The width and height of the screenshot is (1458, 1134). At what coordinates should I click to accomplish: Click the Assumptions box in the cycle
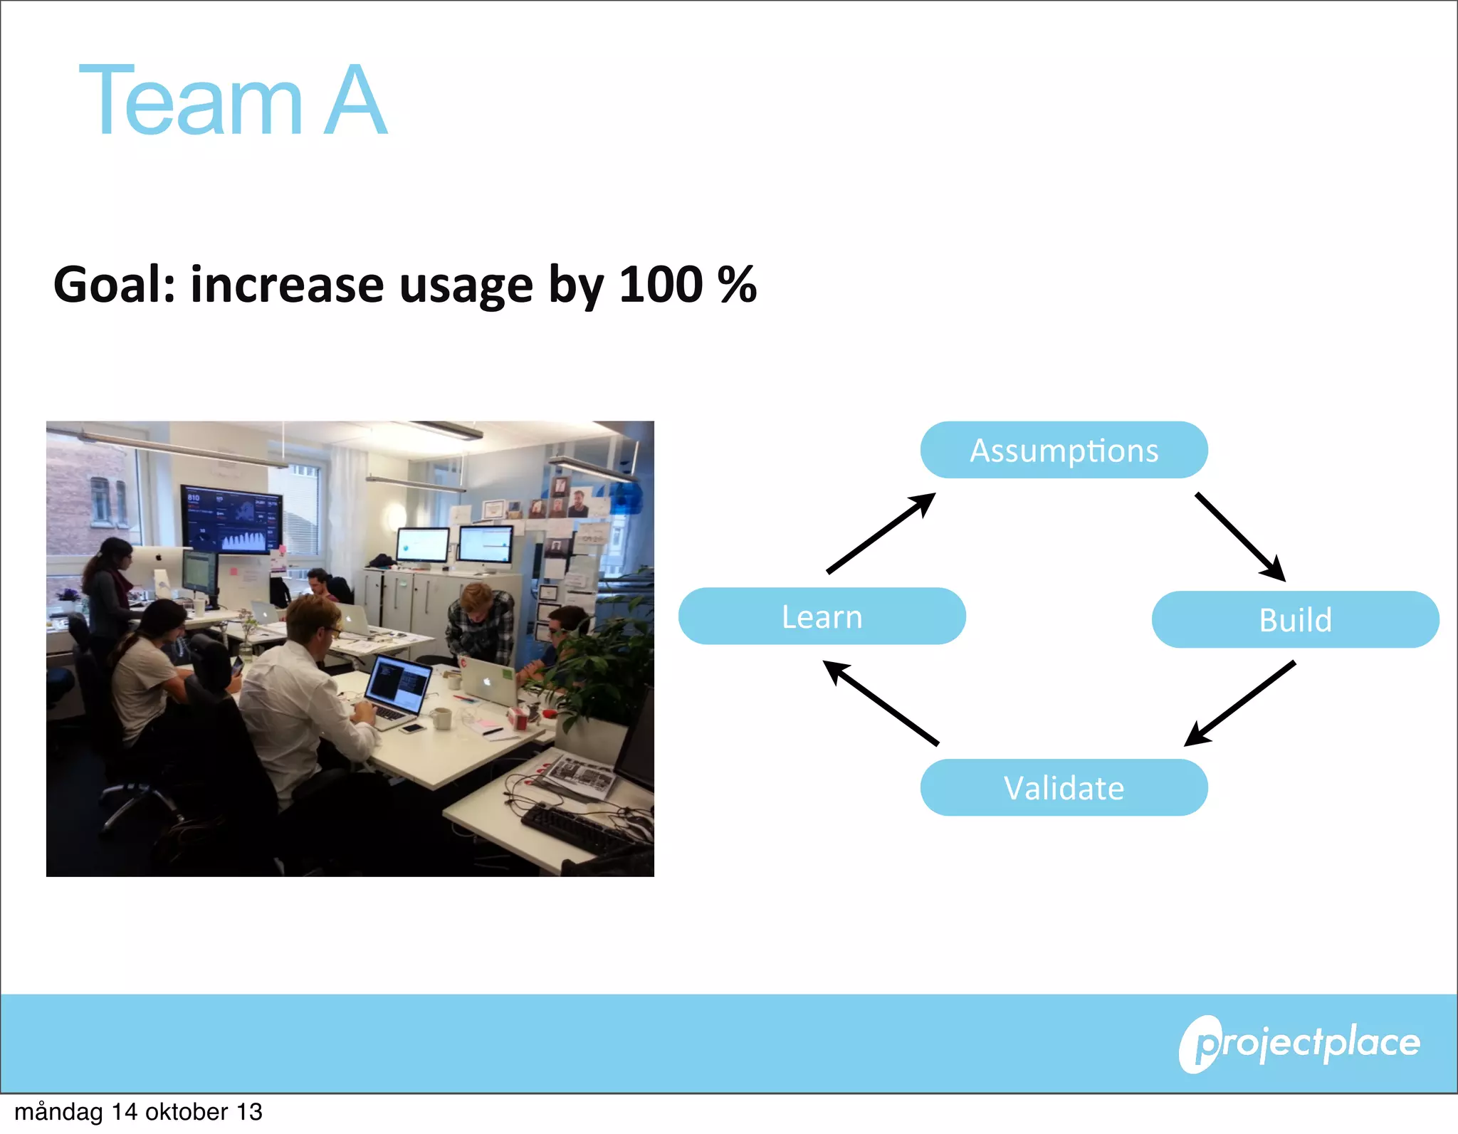(x=1064, y=450)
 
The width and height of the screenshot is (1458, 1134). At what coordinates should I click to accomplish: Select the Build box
(x=1295, y=619)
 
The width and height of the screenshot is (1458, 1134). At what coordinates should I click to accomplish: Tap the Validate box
(x=1064, y=787)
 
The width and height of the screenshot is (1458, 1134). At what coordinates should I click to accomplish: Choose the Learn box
(x=822, y=616)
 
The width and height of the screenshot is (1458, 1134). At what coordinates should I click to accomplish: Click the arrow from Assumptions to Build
(x=1240, y=537)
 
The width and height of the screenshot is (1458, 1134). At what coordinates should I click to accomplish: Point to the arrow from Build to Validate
(x=1240, y=703)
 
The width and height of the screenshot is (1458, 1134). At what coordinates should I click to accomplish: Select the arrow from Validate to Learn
(x=881, y=703)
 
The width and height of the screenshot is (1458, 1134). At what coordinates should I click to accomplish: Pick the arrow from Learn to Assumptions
(x=881, y=532)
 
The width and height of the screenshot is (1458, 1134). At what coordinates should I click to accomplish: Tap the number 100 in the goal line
(x=661, y=285)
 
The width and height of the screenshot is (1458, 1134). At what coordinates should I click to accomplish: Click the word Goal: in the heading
(x=114, y=285)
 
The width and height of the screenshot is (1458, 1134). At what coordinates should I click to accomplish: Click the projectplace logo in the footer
(x=1300, y=1044)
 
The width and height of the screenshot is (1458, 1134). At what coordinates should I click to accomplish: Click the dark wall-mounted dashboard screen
(x=231, y=520)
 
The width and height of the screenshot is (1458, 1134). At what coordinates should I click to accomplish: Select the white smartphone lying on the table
(x=412, y=728)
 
